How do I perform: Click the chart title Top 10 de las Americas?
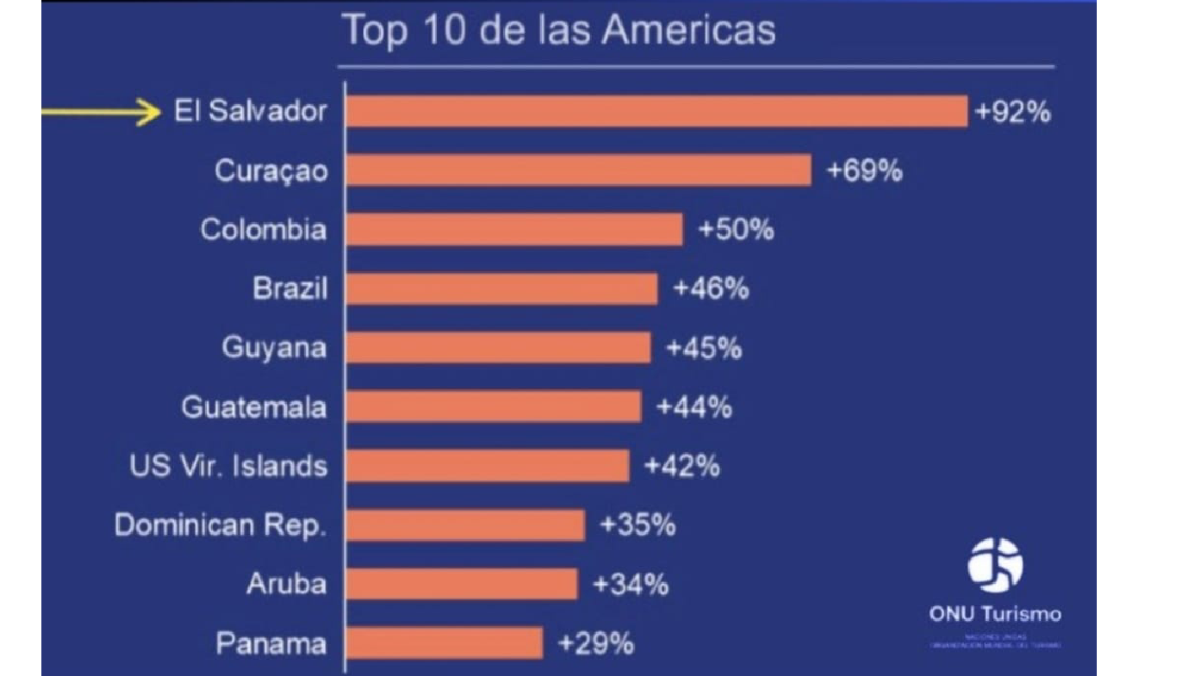click(558, 30)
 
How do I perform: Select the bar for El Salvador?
click(656, 111)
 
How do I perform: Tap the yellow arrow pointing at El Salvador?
click(102, 112)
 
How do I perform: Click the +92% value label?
click(1013, 112)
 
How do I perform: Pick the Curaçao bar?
click(578, 170)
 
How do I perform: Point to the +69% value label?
click(865, 171)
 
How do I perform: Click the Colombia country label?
click(263, 230)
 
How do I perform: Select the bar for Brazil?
click(501, 289)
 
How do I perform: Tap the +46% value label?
click(711, 289)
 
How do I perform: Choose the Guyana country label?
click(274, 348)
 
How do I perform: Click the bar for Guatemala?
click(493, 406)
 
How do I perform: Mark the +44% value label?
click(694, 407)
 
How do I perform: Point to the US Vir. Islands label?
click(228, 466)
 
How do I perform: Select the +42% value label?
click(682, 466)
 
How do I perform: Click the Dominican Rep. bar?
click(465, 525)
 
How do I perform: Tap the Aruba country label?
click(286, 584)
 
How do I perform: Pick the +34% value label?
click(632, 584)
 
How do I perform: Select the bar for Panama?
click(444, 643)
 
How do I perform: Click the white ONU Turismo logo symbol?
click(995, 564)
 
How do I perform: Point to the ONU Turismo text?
click(995, 614)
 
